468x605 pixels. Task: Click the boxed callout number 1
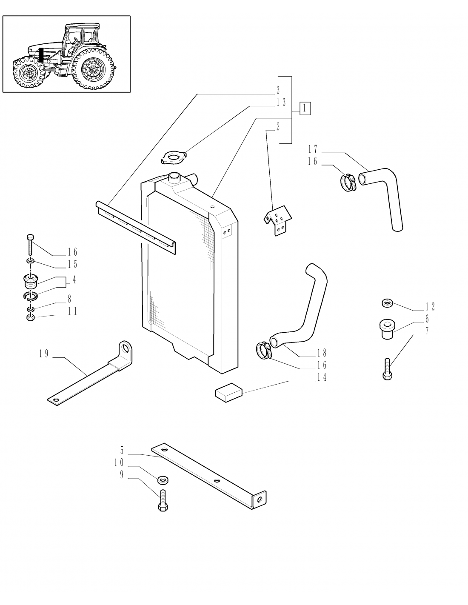[305, 108]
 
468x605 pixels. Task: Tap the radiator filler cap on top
[174, 176]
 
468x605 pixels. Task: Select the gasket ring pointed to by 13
[172, 159]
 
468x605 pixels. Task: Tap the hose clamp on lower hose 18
[264, 350]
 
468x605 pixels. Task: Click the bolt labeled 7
[387, 369]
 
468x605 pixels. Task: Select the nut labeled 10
[163, 480]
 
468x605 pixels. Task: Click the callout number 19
[44, 354]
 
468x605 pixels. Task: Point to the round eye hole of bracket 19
[126, 349]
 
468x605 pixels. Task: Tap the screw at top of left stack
[30, 244]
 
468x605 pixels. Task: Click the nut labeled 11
[30, 318]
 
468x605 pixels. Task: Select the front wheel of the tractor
[29, 75]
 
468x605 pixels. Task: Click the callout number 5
[122, 450]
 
